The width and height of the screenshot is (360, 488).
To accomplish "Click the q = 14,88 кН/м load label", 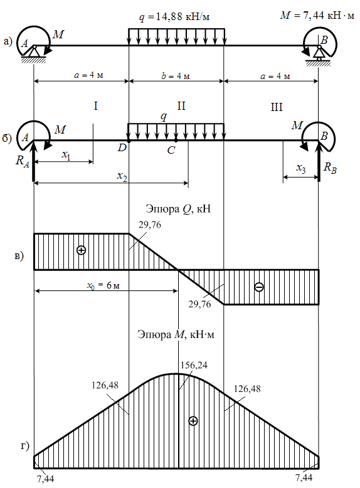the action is point(174,16).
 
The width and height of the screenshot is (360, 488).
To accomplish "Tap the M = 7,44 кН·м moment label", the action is point(317,15).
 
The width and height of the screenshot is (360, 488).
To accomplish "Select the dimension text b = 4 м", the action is point(176,76).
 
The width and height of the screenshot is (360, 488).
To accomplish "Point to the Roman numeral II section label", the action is point(181,106).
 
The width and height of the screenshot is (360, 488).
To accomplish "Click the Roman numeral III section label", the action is point(277,107).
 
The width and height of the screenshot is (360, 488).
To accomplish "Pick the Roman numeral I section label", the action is point(95,106).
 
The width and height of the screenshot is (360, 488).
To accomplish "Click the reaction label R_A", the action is point(23,161).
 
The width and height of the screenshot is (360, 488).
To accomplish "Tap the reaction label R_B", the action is point(330,167).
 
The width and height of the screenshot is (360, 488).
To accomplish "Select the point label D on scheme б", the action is point(122,147).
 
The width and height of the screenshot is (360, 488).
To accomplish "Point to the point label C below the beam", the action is point(171,151).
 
